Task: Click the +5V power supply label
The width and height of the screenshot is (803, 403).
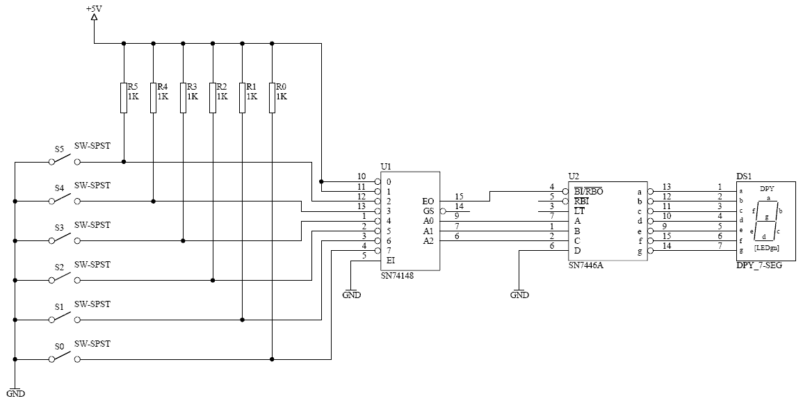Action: pyautogui.click(x=94, y=9)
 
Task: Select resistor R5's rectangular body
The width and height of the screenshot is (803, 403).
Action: pyautogui.click(x=124, y=97)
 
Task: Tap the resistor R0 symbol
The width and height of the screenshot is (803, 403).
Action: pyautogui.click(x=272, y=97)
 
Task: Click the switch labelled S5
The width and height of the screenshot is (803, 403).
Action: pyautogui.click(x=65, y=160)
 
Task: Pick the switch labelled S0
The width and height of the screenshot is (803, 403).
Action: pyautogui.click(x=65, y=357)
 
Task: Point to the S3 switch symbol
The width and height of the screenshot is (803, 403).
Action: pyautogui.click(x=65, y=238)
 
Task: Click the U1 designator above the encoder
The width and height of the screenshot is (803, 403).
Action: pyautogui.click(x=386, y=167)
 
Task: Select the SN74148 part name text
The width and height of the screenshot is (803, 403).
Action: pyautogui.click(x=397, y=275)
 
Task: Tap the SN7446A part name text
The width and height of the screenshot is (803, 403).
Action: pyautogui.click(x=586, y=265)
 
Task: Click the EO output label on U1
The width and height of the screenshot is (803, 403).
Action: pyautogui.click(x=428, y=201)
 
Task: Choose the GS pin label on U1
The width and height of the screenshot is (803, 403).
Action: pyautogui.click(x=428, y=211)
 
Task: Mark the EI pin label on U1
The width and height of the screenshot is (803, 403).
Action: pyautogui.click(x=391, y=260)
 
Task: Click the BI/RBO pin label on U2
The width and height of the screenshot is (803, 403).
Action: pyautogui.click(x=588, y=192)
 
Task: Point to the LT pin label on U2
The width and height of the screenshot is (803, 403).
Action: pyautogui.click(x=579, y=211)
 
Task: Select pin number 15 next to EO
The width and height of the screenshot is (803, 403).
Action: pyautogui.click(x=459, y=196)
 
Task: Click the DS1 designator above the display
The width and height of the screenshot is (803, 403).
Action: pyautogui.click(x=744, y=176)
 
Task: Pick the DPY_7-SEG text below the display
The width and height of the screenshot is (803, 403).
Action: pyautogui.click(x=759, y=265)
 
